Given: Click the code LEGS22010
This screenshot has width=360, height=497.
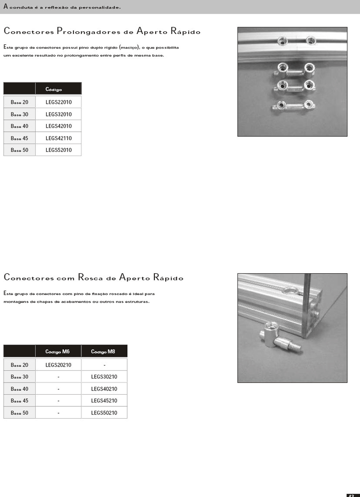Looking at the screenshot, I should (58, 102).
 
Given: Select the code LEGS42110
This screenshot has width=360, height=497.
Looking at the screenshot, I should (58, 138).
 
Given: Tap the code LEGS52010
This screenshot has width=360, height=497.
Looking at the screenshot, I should (58, 150).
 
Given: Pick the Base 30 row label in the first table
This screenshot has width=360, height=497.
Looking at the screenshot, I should (19, 114).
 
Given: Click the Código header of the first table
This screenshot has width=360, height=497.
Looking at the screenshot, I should (53, 89).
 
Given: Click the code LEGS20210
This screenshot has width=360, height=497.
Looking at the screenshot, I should (58, 365).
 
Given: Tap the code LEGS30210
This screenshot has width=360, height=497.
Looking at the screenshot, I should (104, 377).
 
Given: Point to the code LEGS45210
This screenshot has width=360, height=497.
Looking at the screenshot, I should (104, 401).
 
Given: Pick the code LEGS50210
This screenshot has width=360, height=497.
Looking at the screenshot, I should (104, 413).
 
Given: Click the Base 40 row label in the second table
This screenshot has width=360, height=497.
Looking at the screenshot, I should (19, 389).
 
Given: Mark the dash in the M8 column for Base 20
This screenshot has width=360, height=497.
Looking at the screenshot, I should (104, 365).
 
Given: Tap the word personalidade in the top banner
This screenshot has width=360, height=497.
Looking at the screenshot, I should (101, 7).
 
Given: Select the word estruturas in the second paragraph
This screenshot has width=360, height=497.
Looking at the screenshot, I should (136, 302).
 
